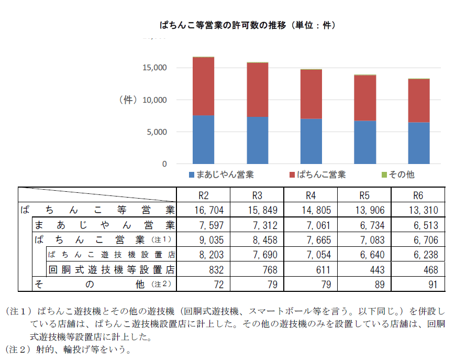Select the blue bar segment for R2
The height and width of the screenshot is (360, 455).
tap(203, 139)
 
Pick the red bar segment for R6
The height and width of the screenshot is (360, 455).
tap(418, 101)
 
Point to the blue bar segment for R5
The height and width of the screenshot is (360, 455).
tap(365, 142)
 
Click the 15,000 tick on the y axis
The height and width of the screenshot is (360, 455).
tap(154, 68)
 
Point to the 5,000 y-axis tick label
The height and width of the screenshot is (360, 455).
tap(157, 132)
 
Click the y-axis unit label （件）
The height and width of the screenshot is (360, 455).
tap(127, 100)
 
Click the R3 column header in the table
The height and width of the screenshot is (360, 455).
tap(257, 195)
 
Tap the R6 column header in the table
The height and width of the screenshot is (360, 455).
tap(418, 195)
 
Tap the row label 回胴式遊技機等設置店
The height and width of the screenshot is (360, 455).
tap(111, 270)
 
